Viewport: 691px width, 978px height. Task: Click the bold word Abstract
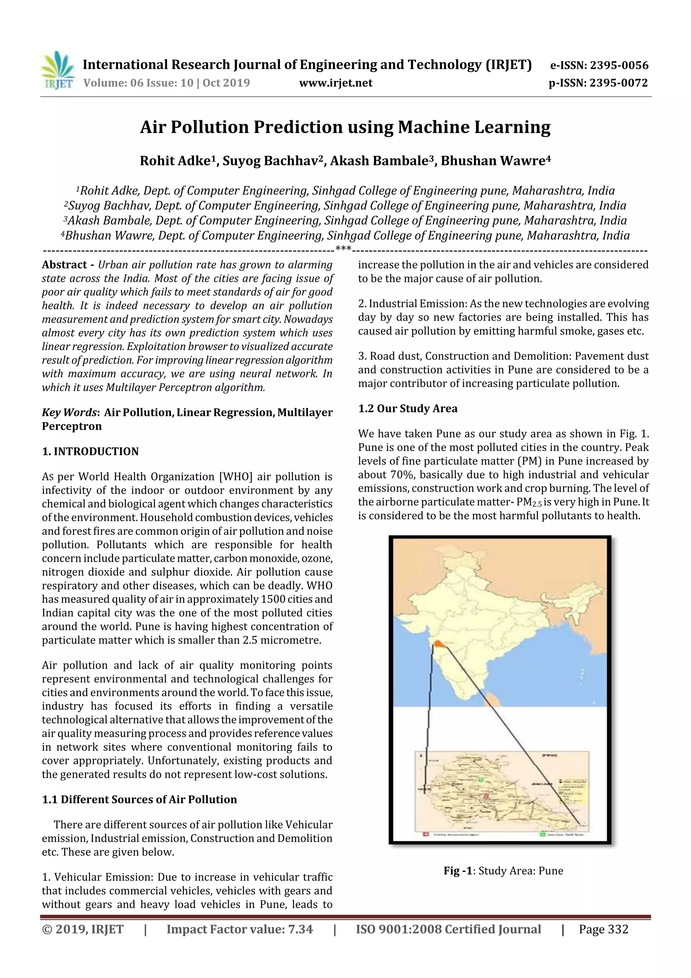[x=64, y=265]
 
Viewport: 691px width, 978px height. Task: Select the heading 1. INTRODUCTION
[x=90, y=451]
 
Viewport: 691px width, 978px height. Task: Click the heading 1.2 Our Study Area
[x=408, y=408]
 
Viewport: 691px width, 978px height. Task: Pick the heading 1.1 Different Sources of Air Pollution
[x=139, y=799]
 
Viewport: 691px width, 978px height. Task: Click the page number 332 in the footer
[x=618, y=929]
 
